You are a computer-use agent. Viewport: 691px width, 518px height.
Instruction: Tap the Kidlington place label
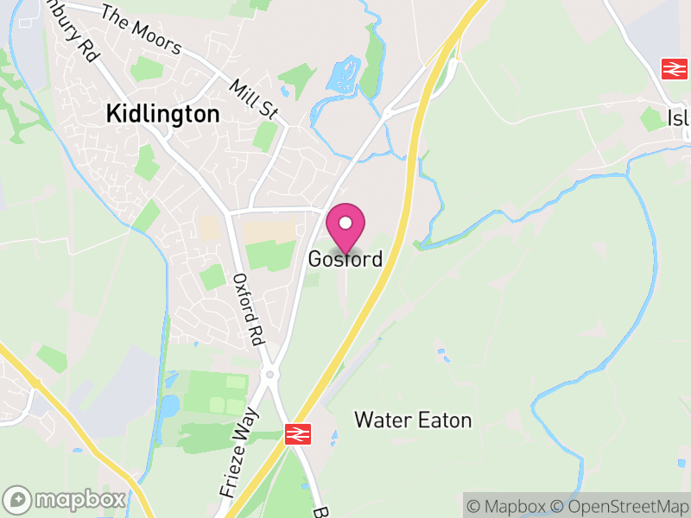162,113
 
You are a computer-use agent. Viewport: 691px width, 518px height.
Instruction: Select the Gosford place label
345,259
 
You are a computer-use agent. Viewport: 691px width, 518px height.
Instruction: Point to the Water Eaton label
414,420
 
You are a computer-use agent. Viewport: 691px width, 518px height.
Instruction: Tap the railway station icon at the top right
672,69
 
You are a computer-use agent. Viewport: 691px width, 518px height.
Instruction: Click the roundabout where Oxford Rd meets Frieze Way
269,374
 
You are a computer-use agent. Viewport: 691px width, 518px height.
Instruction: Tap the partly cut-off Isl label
679,118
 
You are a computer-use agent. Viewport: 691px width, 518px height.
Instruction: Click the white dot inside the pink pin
345,223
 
